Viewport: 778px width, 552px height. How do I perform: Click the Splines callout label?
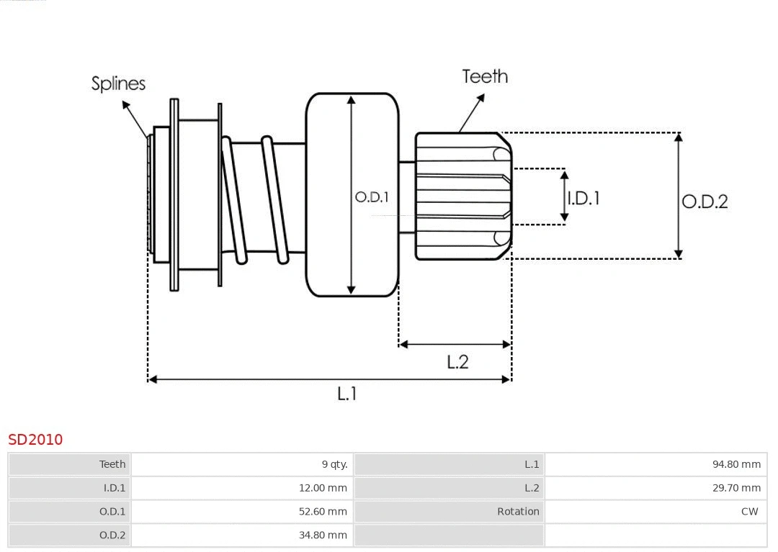(x=118, y=83)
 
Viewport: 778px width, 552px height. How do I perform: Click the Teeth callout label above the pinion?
(x=485, y=76)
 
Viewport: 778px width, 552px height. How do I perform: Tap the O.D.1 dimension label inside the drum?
(x=372, y=197)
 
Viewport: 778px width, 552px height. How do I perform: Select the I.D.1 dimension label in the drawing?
(x=583, y=198)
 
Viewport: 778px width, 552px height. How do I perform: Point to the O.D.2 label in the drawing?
(x=705, y=202)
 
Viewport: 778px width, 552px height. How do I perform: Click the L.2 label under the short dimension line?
(x=457, y=362)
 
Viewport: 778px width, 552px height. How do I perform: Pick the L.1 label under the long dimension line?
(x=347, y=394)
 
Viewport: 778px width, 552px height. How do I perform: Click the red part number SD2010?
(x=35, y=439)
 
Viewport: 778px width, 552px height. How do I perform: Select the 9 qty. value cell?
(x=334, y=464)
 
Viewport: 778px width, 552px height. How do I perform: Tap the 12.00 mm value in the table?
(x=323, y=488)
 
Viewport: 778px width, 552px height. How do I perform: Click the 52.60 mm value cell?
(x=323, y=512)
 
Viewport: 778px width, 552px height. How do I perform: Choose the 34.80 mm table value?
(x=323, y=535)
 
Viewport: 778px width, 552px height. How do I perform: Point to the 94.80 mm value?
(x=736, y=464)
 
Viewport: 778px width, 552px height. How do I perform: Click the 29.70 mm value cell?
(x=736, y=488)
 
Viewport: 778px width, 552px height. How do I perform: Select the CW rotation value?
(x=749, y=512)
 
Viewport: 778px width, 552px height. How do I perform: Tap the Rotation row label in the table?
(x=517, y=512)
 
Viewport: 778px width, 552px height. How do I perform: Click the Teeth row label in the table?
(x=112, y=464)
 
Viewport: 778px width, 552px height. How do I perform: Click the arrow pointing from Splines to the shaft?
(x=135, y=119)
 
